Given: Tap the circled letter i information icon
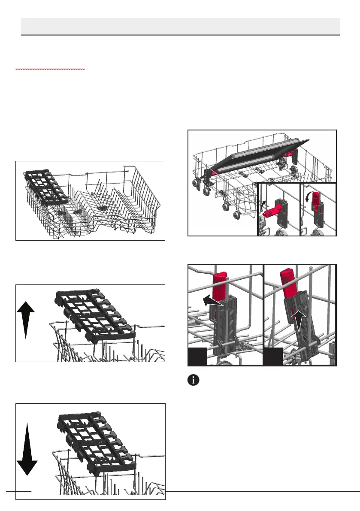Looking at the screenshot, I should click(194, 380).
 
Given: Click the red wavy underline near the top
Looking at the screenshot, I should click(50, 69).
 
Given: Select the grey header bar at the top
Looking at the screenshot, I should click(180, 26).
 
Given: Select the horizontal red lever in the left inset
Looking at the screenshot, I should click(273, 211).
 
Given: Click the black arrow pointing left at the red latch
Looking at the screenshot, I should click(212, 301).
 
